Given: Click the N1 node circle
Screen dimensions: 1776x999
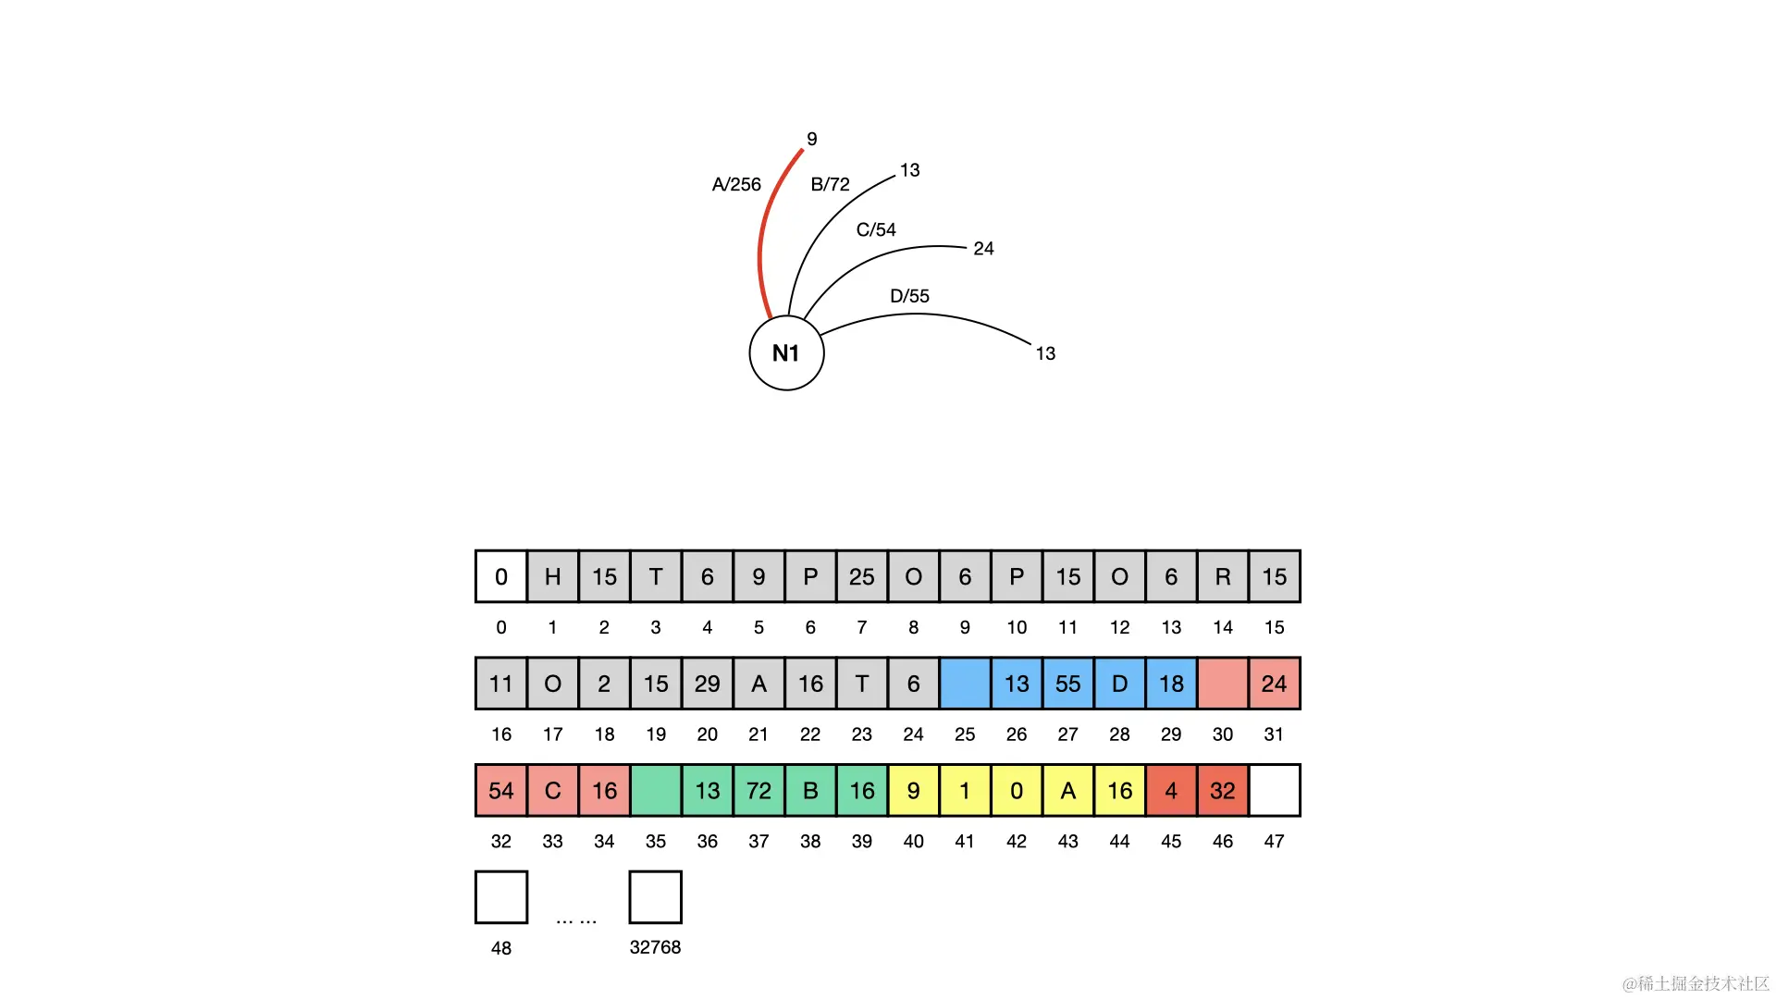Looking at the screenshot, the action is (786, 353).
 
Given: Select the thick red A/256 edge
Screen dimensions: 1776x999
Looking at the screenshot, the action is (762, 240).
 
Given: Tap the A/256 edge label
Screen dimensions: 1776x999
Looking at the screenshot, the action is (736, 185).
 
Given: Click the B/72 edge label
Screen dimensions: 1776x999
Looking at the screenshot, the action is (830, 185).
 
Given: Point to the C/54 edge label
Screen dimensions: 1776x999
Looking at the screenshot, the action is (876, 229).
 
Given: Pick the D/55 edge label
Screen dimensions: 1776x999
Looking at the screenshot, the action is (909, 296).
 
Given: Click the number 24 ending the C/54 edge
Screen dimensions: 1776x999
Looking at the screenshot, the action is (983, 249).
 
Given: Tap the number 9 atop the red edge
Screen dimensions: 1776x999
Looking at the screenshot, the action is (812, 139).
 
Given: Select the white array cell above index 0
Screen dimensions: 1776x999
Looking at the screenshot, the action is (501, 576).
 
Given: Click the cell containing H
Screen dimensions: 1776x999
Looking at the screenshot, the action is (553, 576).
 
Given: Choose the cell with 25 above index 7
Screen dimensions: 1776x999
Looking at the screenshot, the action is (862, 576).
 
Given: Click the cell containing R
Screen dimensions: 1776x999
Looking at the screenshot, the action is (1223, 576).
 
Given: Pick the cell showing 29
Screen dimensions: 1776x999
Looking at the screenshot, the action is (708, 684).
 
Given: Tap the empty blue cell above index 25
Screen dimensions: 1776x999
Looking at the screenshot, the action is (965, 684).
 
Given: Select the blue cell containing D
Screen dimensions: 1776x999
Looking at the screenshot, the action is (1119, 684).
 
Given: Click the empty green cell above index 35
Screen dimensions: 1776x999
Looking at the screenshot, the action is (656, 791).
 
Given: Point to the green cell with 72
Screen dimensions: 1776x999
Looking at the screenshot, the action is (758, 791).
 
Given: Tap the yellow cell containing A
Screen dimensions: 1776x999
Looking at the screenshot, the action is (1068, 791).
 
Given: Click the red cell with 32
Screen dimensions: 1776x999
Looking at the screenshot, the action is (1223, 791).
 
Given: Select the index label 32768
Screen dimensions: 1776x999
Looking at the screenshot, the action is (655, 947).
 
